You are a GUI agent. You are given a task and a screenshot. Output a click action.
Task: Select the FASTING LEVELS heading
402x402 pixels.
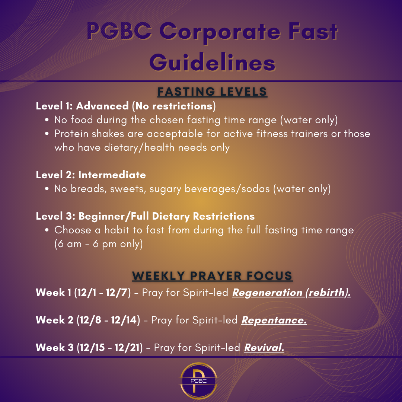click(212, 92)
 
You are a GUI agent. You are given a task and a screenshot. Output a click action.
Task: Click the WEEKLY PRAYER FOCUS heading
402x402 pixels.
click(212, 276)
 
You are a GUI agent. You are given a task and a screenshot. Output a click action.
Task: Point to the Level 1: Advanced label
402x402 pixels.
click(82, 106)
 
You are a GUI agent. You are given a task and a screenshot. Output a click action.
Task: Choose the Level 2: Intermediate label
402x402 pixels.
click(91, 175)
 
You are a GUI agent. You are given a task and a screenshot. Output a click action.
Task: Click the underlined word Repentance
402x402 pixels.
click(274, 320)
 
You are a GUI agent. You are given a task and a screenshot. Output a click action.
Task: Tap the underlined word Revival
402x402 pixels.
click(264, 348)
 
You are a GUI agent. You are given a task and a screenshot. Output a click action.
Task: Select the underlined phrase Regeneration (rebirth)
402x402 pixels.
click(291, 293)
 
